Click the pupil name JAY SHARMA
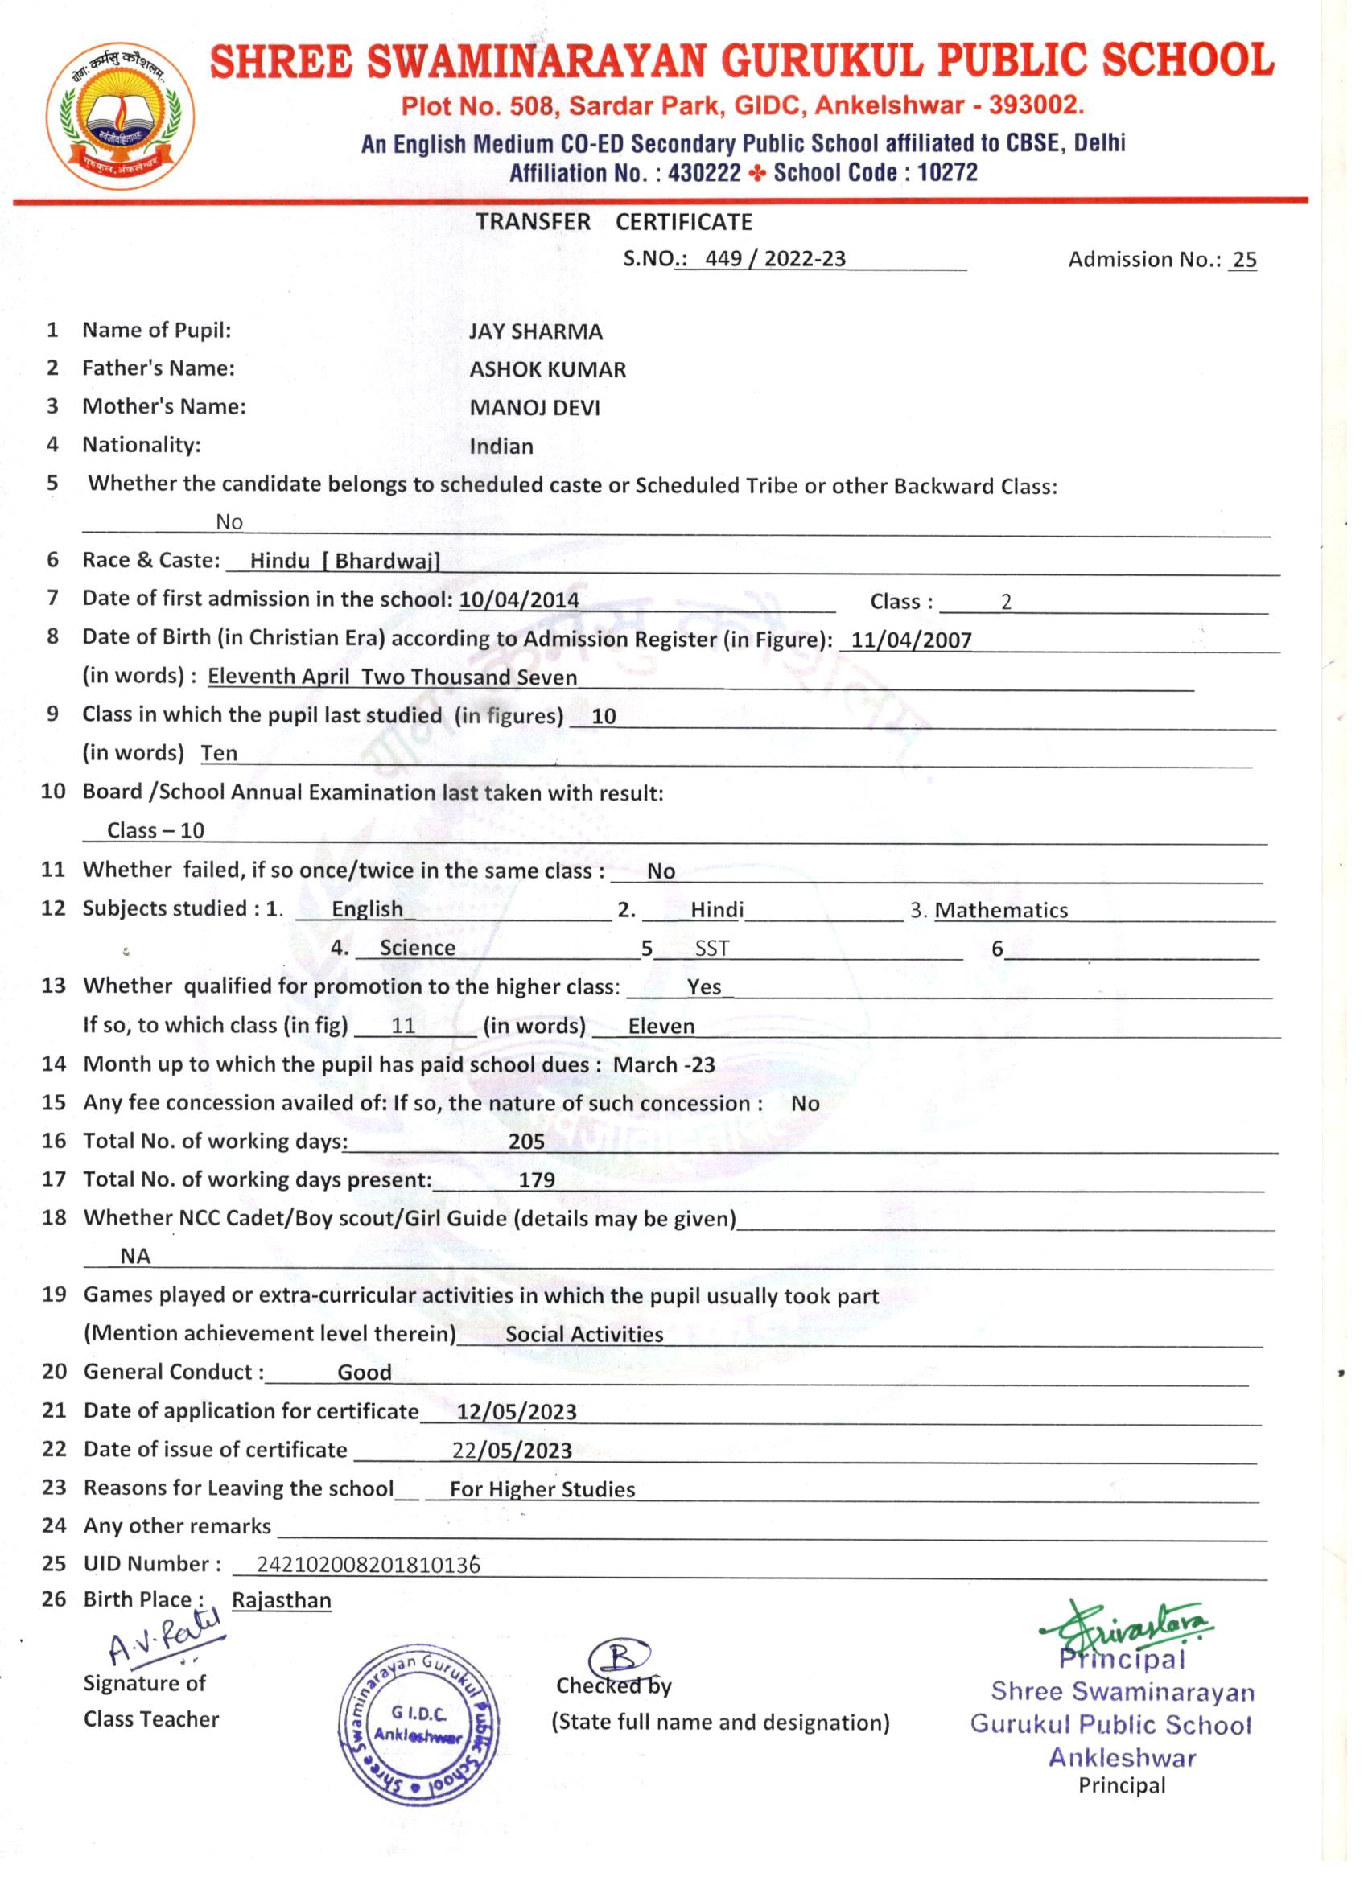coord(535,331)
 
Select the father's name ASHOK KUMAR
coord(547,370)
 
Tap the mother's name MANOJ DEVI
coord(534,408)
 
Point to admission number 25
coord(1244,261)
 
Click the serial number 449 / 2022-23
coord(775,259)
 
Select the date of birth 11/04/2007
coord(911,640)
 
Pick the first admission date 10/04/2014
coord(518,599)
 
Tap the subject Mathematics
coord(1000,911)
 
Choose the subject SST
coord(712,949)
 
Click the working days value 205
coord(526,1142)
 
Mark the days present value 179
coord(536,1180)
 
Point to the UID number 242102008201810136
coord(368,1565)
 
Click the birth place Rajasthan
coord(281,1601)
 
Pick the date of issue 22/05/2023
coord(512,1451)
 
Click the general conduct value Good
coord(365,1373)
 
